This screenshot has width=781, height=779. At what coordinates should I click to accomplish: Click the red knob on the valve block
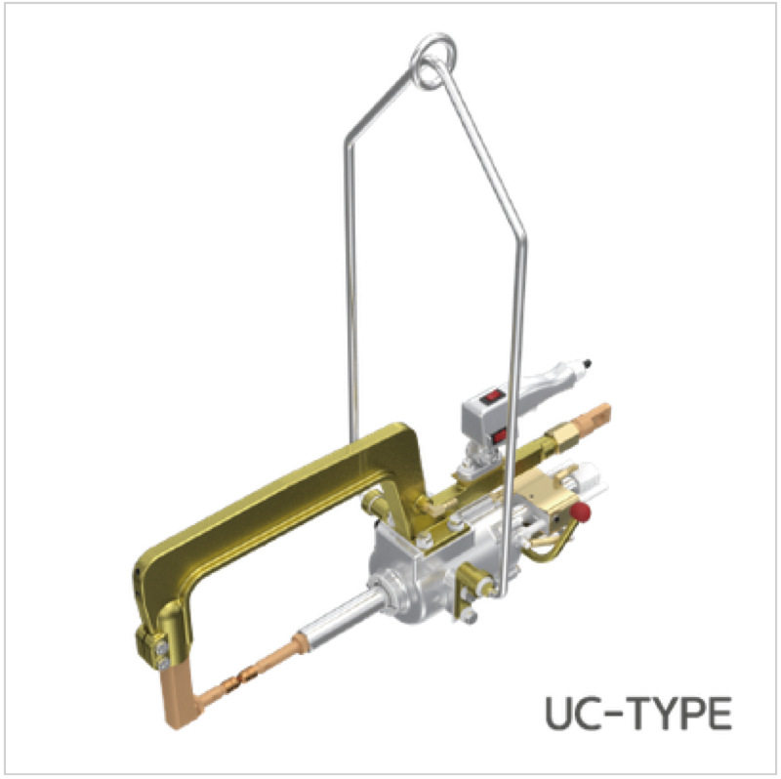coord(580,512)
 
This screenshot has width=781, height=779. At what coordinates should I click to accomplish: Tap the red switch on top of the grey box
coord(493,397)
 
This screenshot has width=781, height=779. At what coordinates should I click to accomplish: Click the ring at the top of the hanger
coord(433,61)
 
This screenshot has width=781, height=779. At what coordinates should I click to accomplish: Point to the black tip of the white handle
coord(588,363)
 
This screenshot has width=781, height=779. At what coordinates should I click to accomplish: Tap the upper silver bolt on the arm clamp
coord(161,648)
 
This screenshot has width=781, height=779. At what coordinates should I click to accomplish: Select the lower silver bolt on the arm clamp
coord(163,664)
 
